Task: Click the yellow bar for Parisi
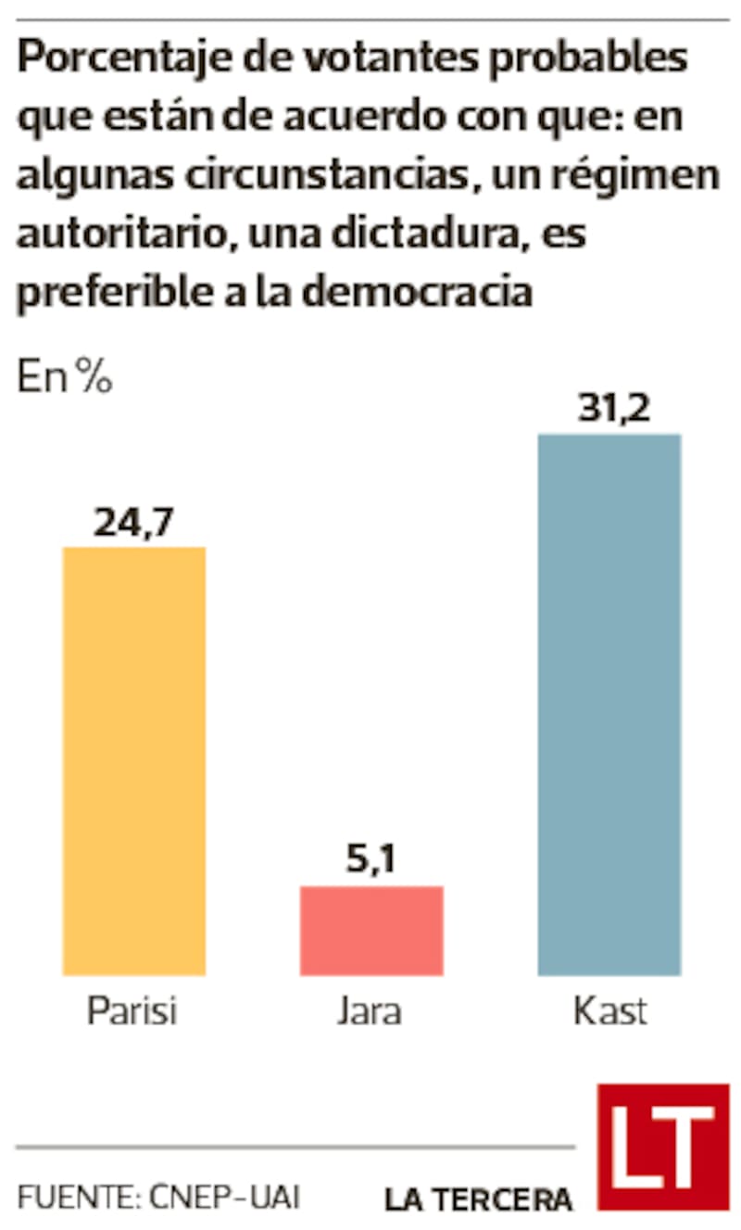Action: pyautogui.click(x=133, y=760)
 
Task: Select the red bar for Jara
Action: pyautogui.click(x=371, y=930)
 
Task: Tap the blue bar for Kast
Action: pyautogui.click(x=609, y=704)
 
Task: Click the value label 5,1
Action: pyautogui.click(x=370, y=862)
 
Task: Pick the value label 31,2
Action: pyautogui.click(x=612, y=409)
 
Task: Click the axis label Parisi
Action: pyautogui.click(x=132, y=1011)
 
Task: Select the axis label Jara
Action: pyautogui.click(x=370, y=1011)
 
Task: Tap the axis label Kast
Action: pyautogui.click(x=609, y=1011)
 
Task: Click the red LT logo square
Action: pyautogui.click(x=662, y=1146)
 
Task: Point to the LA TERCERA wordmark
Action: pyautogui.click(x=479, y=1199)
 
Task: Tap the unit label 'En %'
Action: pyautogui.click(x=64, y=379)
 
